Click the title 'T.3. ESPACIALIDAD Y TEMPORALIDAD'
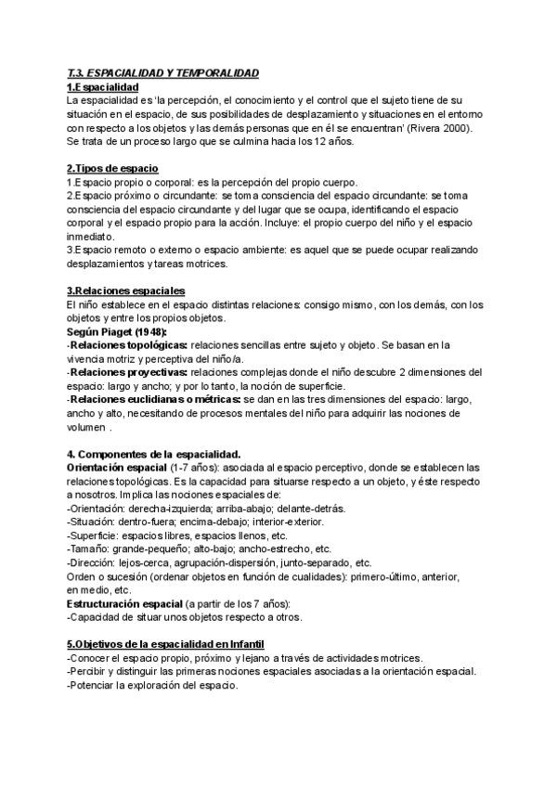pyautogui.click(x=163, y=72)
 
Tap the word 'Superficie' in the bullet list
pyautogui.click(x=93, y=535)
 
